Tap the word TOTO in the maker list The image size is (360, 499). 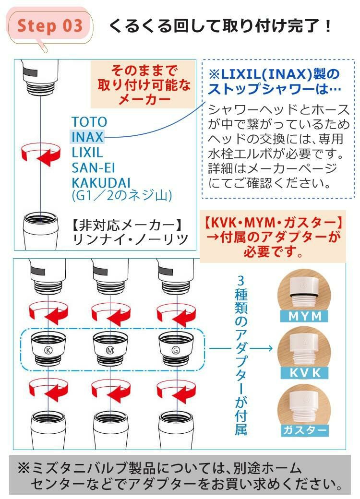coord(89,122)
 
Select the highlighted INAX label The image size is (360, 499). coord(87,137)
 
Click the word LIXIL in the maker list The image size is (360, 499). coord(87,153)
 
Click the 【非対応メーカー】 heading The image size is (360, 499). coord(126,224)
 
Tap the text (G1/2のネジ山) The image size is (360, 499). coord(121,195)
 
